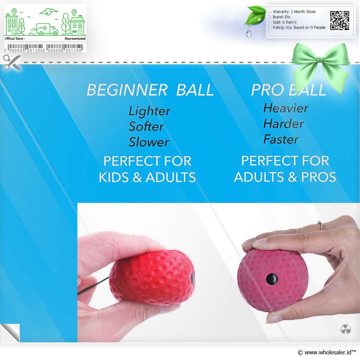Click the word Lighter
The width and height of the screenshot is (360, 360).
pos(149,111)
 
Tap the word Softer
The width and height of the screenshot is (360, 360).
pos(146,126)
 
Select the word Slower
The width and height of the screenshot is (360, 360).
pos(149,142)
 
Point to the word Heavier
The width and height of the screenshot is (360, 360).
pos(286,108)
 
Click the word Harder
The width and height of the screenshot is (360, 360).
pos(284,123)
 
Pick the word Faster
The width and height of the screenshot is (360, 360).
pos(281,139)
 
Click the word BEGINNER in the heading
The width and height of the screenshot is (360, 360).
pos(127,90)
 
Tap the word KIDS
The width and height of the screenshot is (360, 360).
pos(114,177)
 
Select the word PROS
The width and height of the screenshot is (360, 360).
pos(319,177)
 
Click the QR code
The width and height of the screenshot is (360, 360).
pos(340,21)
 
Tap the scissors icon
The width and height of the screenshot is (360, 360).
pos(12,62)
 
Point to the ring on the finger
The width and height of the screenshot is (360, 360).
pos(320,225)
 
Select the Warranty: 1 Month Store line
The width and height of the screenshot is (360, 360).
pos(294,12)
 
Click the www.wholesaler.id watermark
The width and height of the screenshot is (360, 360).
pos(327,352)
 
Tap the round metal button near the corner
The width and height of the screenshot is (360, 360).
pos(346,329)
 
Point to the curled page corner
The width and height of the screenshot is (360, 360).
pos(10,333)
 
